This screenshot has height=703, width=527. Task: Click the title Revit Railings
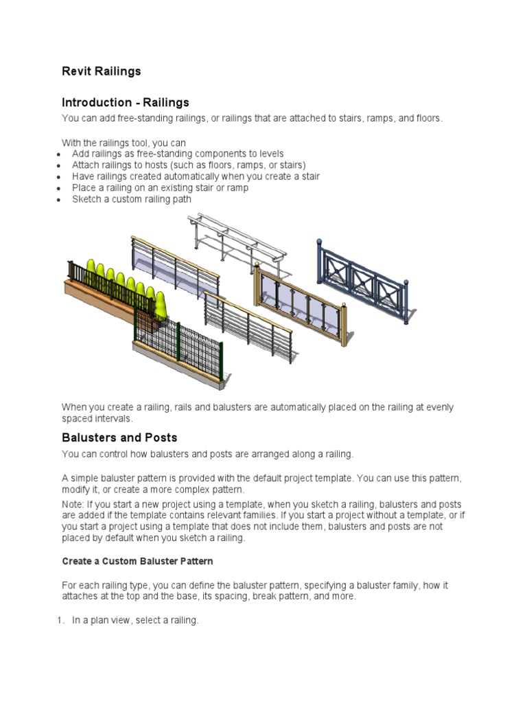[101, 71]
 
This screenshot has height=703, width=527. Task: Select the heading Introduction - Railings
[125, 103]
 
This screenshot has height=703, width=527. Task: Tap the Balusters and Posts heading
[119, 437]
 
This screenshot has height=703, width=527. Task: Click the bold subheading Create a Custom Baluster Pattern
[137, 561]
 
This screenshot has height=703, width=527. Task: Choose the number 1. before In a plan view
[60, 621]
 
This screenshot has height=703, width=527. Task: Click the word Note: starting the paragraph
[73, 505]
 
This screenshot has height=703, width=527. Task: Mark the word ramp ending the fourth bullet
[237, 188]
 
